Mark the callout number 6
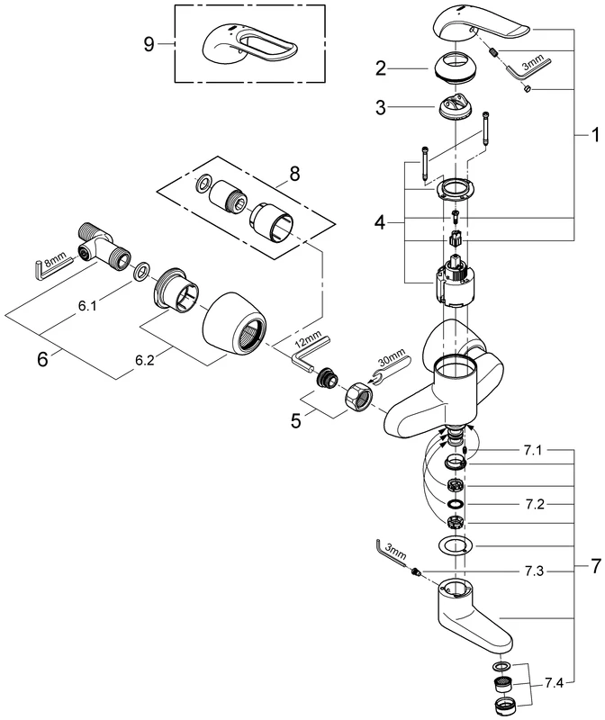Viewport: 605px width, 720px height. [x=42, y=357]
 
